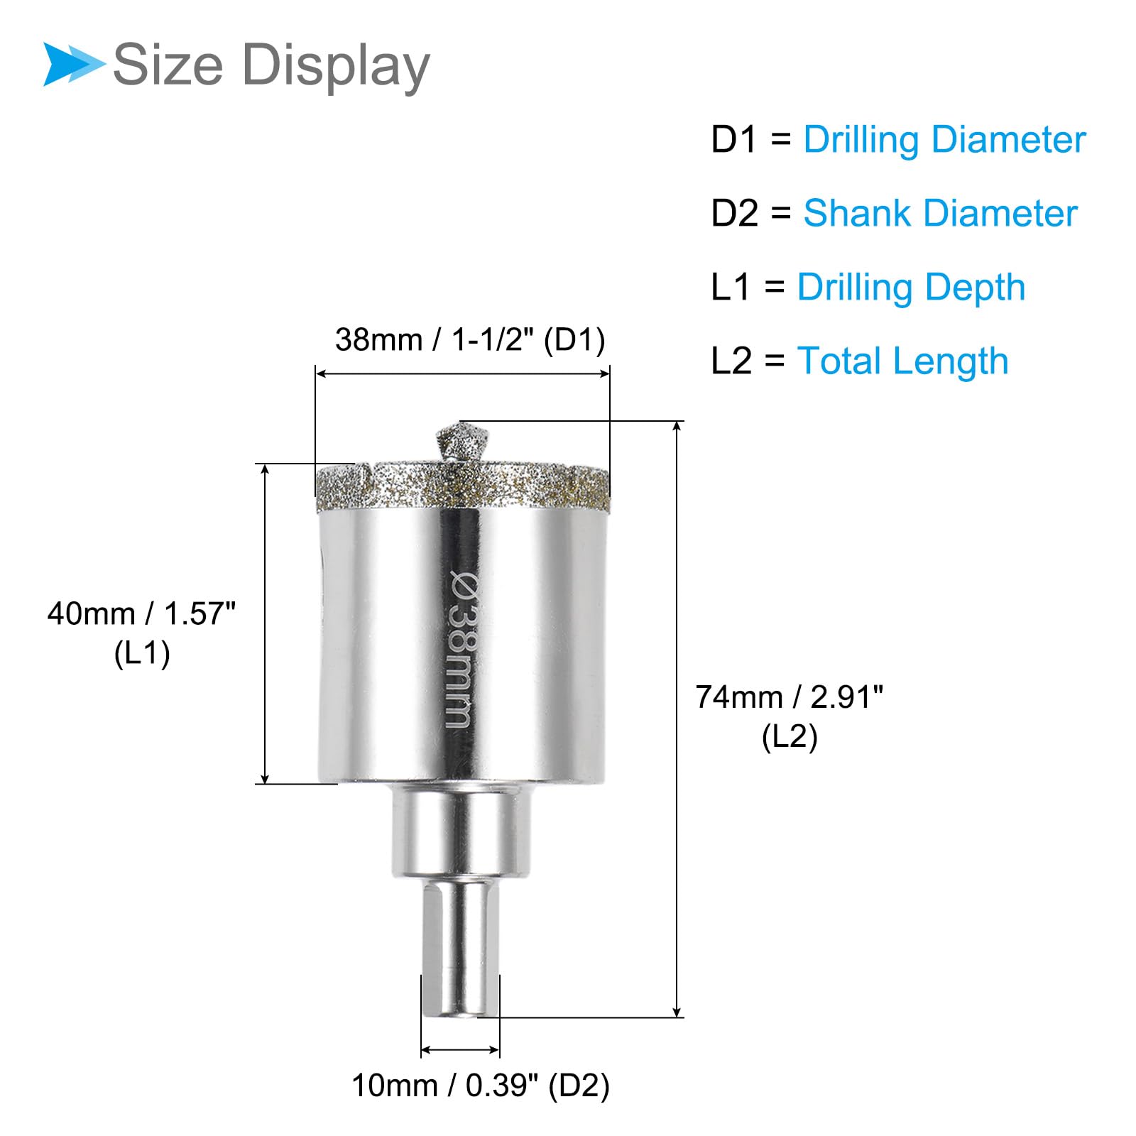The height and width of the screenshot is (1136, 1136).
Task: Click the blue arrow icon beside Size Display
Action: (x=74, y=65)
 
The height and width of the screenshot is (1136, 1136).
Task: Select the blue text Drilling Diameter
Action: (x=944, y=140)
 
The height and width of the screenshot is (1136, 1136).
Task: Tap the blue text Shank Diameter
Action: (x=940, y=213)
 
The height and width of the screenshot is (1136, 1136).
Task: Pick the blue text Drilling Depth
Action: (x=911, y=288)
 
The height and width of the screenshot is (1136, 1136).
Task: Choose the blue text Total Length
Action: (x=902, y=361)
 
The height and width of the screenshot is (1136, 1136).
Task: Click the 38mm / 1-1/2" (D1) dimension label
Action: (x=470, y=340)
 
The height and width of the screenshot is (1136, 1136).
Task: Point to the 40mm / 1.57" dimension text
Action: (x=141, y=613)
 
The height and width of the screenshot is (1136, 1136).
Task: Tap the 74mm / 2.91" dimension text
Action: (x=790, y=697)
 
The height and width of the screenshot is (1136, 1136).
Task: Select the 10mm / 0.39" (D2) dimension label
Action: (x=481, y=1086)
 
